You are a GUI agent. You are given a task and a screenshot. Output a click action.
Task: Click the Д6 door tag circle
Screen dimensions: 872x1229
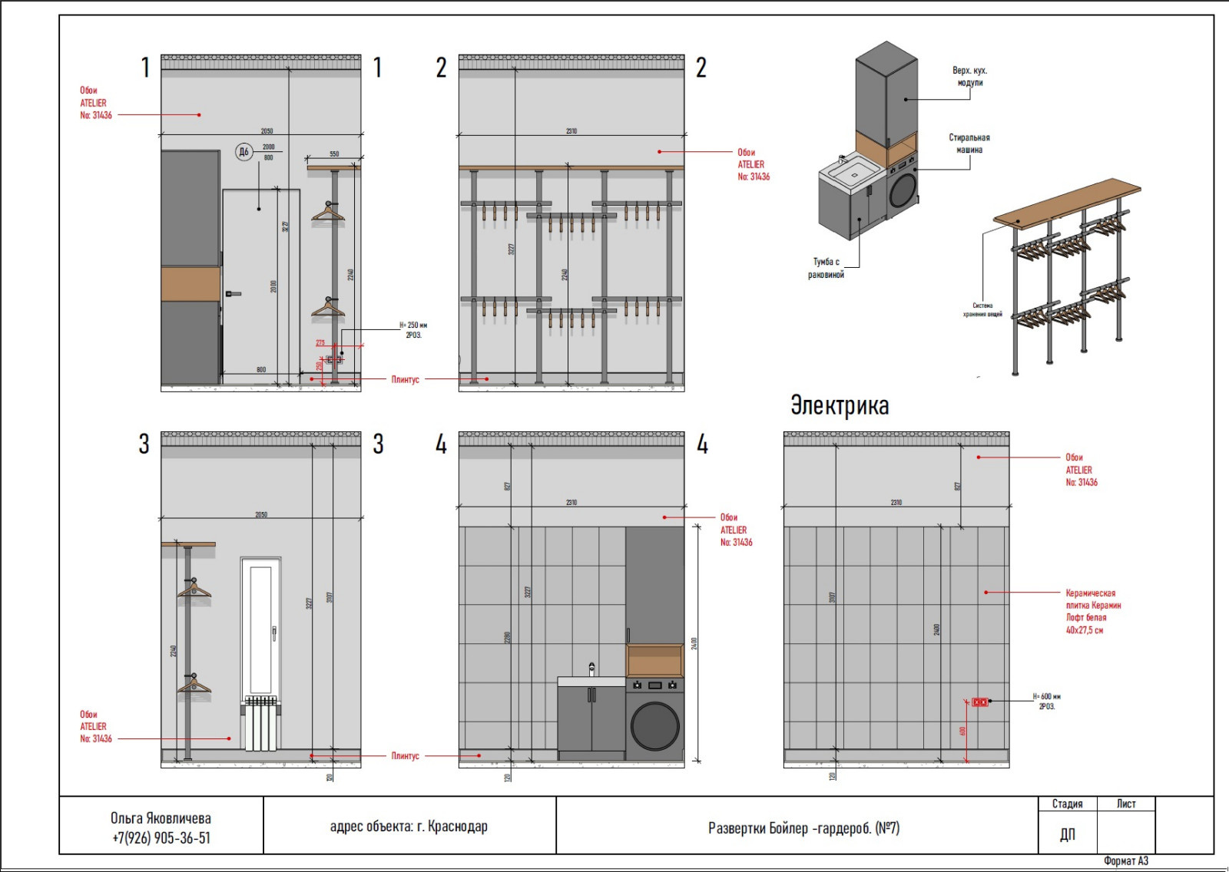[243, 152]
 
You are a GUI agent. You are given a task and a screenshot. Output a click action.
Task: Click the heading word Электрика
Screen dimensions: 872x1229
[840, 405]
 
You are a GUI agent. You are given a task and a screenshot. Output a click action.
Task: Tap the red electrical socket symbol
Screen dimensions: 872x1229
[980, 702]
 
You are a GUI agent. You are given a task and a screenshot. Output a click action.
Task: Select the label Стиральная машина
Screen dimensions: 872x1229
[969, 144]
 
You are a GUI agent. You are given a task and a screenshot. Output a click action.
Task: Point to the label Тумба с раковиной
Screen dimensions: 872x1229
[826, 268]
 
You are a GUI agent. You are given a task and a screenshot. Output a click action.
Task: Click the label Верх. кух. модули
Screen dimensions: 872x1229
[969, 76]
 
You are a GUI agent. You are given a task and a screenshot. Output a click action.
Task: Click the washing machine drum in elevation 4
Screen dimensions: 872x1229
[655, 725]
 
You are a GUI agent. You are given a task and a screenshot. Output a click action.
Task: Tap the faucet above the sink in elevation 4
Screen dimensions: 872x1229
[591, 669]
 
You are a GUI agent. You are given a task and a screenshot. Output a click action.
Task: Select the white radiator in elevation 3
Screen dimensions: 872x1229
[260, 724]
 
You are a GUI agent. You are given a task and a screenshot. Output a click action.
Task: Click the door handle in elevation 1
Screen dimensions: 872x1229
[233, 293]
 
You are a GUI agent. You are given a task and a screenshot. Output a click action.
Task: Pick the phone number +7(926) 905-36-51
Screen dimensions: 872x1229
[161, 838]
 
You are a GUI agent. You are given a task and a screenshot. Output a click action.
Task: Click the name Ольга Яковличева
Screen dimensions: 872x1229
[161, 818]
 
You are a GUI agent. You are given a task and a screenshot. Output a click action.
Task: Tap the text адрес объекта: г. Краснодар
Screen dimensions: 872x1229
[409, 827]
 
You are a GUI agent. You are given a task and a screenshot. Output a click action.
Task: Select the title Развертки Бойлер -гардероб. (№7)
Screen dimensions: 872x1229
[803, 828]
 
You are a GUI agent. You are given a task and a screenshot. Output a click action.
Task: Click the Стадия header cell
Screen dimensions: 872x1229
[1067, 804]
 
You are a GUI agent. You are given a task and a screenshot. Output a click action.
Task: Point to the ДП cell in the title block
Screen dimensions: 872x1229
[1067, 834]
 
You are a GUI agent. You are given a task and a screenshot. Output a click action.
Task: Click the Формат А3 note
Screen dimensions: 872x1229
[1125, 861]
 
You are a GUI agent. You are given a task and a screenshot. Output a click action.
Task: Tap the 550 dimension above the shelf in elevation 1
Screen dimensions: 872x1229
[334, 154]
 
